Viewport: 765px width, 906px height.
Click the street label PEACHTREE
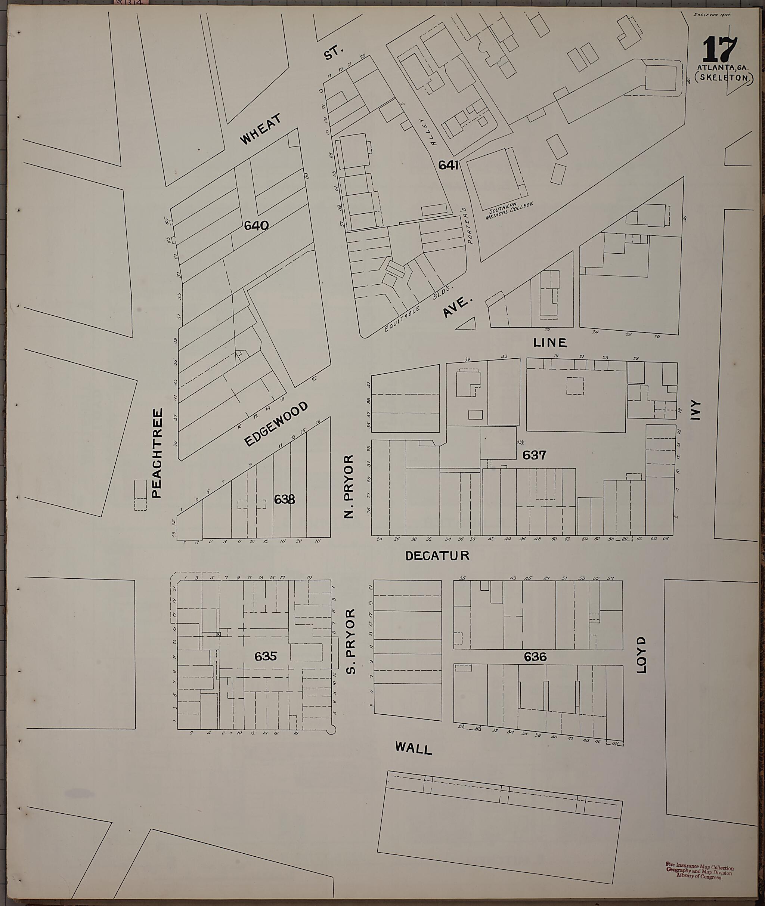tap(157, 453)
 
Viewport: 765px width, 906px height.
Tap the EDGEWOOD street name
tap(276, 424)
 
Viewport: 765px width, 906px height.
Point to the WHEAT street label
tap(261, 129)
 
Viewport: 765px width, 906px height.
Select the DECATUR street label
tap(437, 556)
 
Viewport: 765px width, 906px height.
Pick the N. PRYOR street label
tap(349, 486)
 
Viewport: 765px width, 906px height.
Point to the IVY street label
tap(697, 410)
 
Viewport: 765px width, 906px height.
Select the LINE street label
tap(550, 343)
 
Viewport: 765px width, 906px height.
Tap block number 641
tap(448, 165)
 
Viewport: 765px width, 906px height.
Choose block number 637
tap(534, 455)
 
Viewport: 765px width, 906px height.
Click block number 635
tap(266, 656)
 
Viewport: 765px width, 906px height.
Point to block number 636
tap(535, 657)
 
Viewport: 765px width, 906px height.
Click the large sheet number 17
tap(719, 49)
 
